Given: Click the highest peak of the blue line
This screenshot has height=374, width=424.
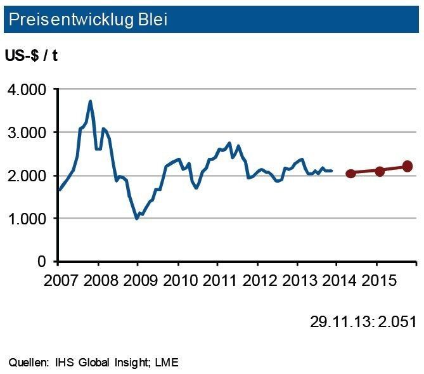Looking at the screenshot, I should click(x=90, y=101).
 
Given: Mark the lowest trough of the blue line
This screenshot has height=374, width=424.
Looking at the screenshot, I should click(x=136, y=219).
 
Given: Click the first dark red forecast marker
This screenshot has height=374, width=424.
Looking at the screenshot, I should click(x=350, y=173).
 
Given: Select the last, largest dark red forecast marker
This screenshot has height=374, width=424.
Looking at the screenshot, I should click(x=407, y=166).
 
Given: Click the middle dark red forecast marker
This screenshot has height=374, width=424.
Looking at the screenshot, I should click(x=380, y=171).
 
